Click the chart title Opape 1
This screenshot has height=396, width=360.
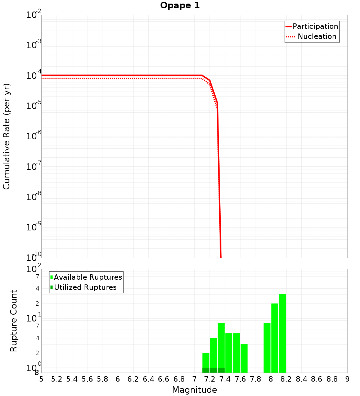pyautogui.click(x=180, y=5)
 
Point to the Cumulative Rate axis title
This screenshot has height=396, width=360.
pyautogui.click(x=6, y=136)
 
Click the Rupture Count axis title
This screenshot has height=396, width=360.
pyautogui.click(x=14, y=321)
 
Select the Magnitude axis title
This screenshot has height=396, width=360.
pyautogui.click(x=194, y=390)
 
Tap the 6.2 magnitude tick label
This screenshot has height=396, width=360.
pyautogui.click(x=133, y=379)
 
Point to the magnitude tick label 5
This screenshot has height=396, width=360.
pyautogui.click(x=41, y=379)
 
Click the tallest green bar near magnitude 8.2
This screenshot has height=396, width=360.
pyautogui.click(x=282, y=333)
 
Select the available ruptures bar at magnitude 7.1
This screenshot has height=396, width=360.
pyautogui.click(x=206, y=360)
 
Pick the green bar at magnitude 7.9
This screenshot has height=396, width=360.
pyautogui.click(x=267, y=347)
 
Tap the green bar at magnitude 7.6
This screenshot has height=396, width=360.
pyautogui.click(x=237, y=353)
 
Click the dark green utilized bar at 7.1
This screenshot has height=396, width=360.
pyautogui.click(x=206, y=370)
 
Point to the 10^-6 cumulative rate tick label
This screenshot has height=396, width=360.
pyautogui.click(x=35, y=136)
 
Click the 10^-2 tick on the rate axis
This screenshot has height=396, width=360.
pyautogui.click(x=35, y=15)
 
